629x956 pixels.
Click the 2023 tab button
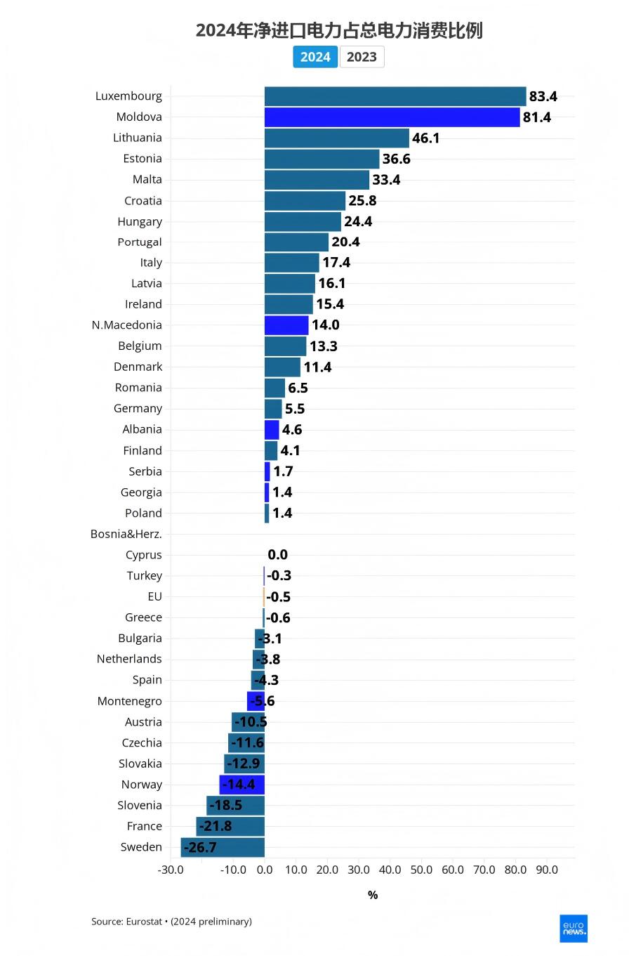click(x=362, y=57)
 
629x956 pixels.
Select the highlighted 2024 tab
click(x=315, y=57)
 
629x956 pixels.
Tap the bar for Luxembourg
click(x=395, y=96)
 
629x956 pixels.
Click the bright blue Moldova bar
click(x=392, y=117)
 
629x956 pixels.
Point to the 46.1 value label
click(x=425, y=138)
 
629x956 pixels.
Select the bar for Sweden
click(x=223, y=847)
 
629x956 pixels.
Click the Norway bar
click(x=242, y=785)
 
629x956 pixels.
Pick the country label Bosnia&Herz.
click(x=126, y=534)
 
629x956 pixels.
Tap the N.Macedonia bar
click(x=286, y=325)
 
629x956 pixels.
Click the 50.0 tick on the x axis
click(x=421, y=870)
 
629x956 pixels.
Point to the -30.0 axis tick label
click(x=171, y=870)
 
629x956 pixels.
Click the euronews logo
click(x=573, y=928)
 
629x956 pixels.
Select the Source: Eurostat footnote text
click(x=171, y=921)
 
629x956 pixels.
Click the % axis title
click(x=373, y=895)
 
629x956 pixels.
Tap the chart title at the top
click(x=339, y=31)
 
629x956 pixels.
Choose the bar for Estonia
click(x=322, y=159)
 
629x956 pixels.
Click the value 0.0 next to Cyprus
click(x=277, y=555)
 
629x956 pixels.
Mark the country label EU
click(x=154, y=596)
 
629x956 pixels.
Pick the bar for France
click(x=230, y=826)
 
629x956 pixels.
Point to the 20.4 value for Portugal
click(x=345, y=242)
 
